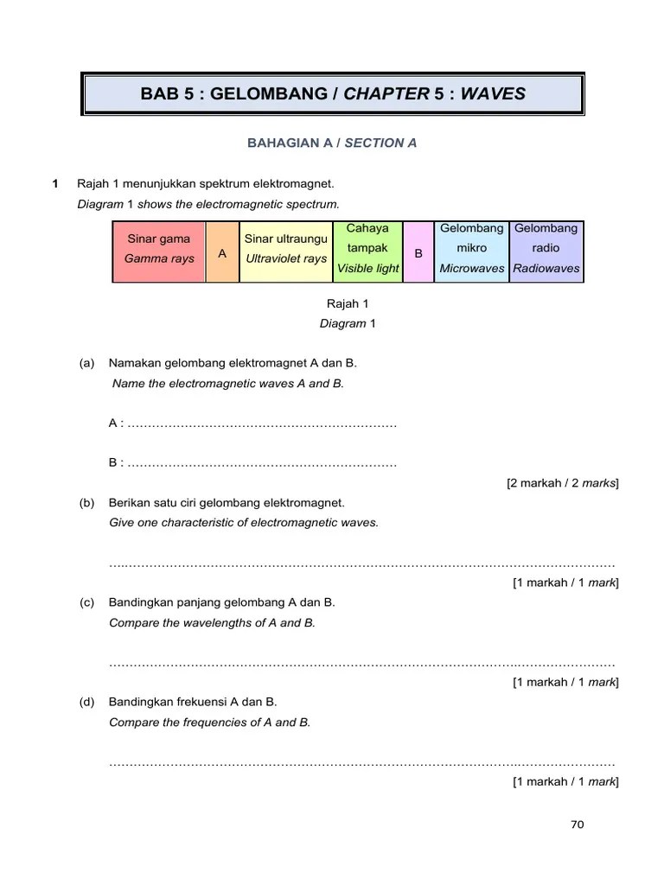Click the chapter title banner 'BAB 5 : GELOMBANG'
tap(333, 93)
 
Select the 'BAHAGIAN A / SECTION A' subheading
tap(333, 143)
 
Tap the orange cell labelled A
tap(222, 252)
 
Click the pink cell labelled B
tap(418, 252)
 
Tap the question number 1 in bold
tap(55, 184)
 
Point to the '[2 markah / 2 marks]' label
tap(562, 483)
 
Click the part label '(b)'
tap(86, 503)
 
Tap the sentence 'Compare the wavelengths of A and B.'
tap(212, 622)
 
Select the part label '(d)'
tap(86, 702)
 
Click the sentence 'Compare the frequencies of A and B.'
tap(209, 722)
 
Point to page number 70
tap(578, 824)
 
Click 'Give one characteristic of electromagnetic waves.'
tap(244, 523)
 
